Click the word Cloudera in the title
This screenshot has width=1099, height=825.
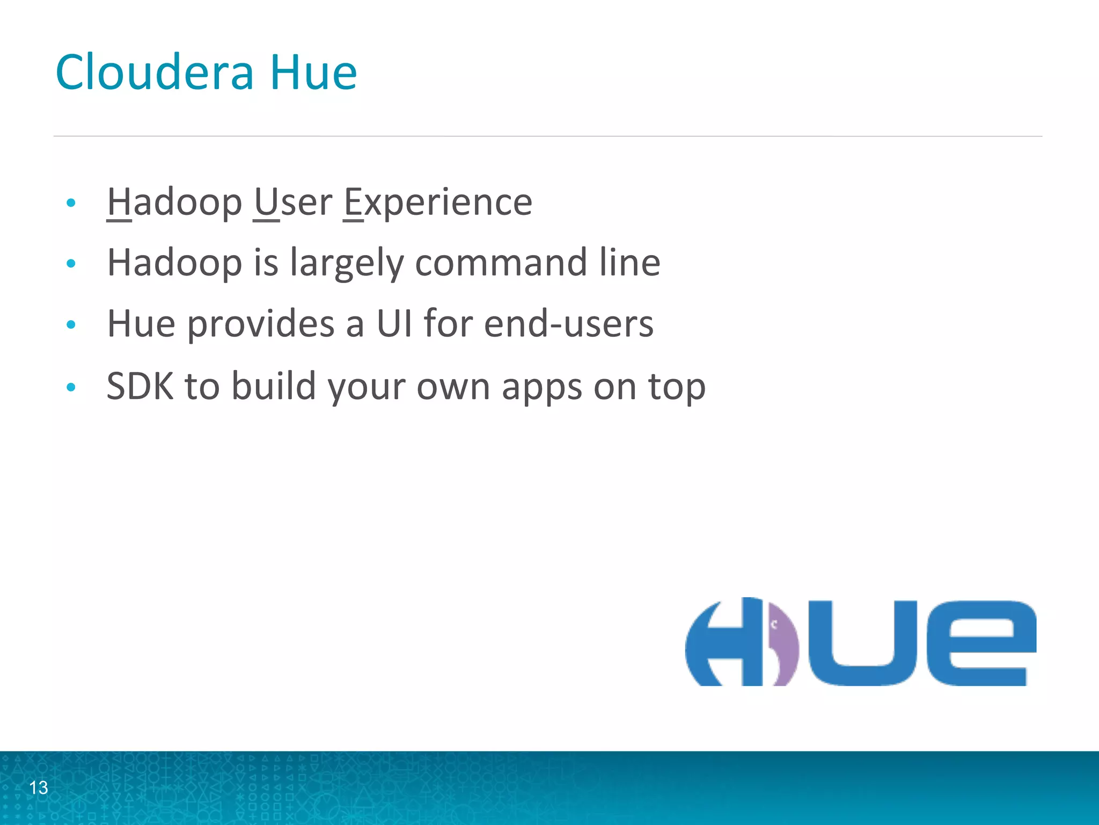pos(154,73)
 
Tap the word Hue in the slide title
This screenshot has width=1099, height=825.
pos(313,73)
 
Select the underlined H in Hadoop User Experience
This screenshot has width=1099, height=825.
pos(119,202)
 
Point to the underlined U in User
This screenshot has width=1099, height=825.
pos(266,202)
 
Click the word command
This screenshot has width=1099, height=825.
pos(501,263)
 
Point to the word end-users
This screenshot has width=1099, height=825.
pos(569,324)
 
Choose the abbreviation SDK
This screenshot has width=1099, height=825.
pos(140,386)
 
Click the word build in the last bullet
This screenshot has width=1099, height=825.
pos(274,386)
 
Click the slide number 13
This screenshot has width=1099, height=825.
pos(39,787)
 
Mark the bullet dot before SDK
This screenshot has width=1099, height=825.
pos(71,387)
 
